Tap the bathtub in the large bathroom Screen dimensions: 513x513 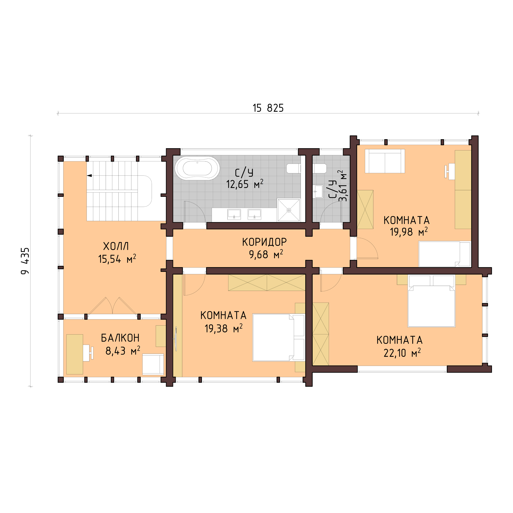pyautogui.click(x=197, y=168)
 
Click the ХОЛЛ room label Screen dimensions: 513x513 pyautogui.click(x=116, y=246)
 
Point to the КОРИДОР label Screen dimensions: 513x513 pyautogui.click(x=264, y=242)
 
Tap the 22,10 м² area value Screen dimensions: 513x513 pyautogui.click(x=402, y=353)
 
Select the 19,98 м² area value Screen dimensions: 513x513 pyautogui.click(x=408, y=232)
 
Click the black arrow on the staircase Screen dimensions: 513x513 pyautogui.click(x=90, y=176)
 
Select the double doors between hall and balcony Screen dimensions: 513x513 pyautogui.click(x=113, y=306)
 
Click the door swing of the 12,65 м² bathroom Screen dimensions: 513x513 pyautogui.click(x=195, y=211)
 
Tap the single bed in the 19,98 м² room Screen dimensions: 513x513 pyautogui.click(x=444, y=254)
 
